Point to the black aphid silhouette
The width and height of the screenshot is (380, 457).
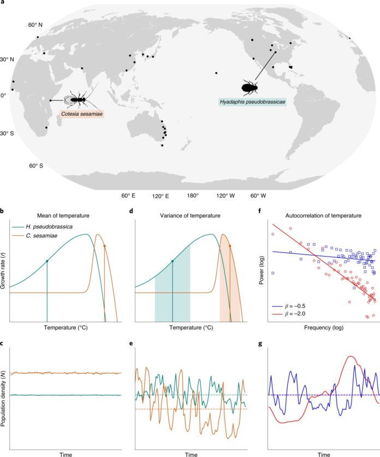[x=250, y=86]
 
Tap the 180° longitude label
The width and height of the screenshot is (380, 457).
[x=193, y=195]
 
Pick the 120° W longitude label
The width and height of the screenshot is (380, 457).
[x=225, y=195]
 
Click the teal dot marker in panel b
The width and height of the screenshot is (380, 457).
[x=48, y=261]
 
